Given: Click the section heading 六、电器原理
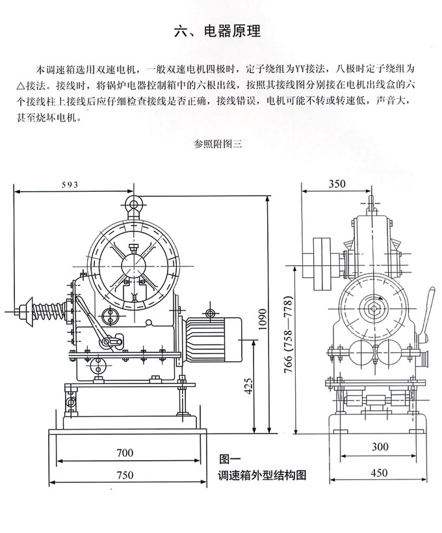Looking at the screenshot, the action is pyautogui.click(x=217, y=31).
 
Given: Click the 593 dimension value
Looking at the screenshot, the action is pyautogui.click(x=70, y=185).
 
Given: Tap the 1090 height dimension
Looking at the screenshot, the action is pyautogui.click(x=263, y=319).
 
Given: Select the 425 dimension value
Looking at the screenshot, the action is pyautogui.click(x=248, y=386).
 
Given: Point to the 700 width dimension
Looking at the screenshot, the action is pyautogui.click(x=125, y=453).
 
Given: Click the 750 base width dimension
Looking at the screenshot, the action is pyautogui.click(x=125, y=475).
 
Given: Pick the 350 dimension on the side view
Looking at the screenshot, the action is pyautogui.click(x=337, y=184).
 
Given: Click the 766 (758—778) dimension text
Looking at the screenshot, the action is pyautogui.click(x=289, y=335).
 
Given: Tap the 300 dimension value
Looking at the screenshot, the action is pyautogui.click(x=380, y=447).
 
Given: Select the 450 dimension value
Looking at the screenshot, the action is pyautogui.click(x=379, y=473).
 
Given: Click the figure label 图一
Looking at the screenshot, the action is pyautogui.click(x=229, y=460).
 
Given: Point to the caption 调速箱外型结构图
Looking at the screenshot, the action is pyautogui.click(x=262, y=475).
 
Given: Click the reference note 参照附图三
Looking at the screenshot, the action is pyautogui.click(x=218, y=144).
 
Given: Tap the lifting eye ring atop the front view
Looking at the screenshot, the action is pyautogui.click(x=134, y=204).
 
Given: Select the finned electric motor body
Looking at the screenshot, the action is pyautogui.click(x=213, y=339).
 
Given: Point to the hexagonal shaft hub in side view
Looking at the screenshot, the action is pyautogui.click(x=374, y=308).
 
